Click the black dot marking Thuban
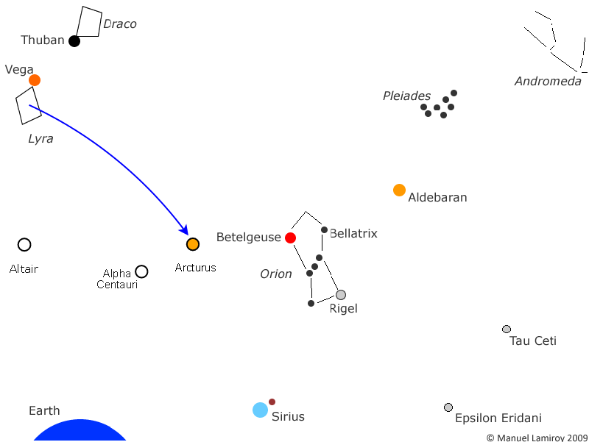coord(74,41)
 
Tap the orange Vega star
coord(35,80)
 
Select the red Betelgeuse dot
coord(290,238)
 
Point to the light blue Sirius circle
coord(260,410)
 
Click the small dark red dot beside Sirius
coord(272,402)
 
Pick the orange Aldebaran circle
coord(399,190)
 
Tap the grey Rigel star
coord(341,295)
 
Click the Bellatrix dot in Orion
coord(324,229)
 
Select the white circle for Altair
coord(24,245)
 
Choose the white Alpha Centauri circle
coord(141,271)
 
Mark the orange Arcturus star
coord(193,244)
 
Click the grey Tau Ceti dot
coord(507,329)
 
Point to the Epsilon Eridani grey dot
coord(448,407)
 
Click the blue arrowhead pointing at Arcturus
coord(184,229)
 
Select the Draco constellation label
coord(120,24)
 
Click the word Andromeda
coord(548,81)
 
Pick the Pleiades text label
coord(406,96)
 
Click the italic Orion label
coord(275,274)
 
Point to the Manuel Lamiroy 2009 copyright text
coord(537,438)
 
